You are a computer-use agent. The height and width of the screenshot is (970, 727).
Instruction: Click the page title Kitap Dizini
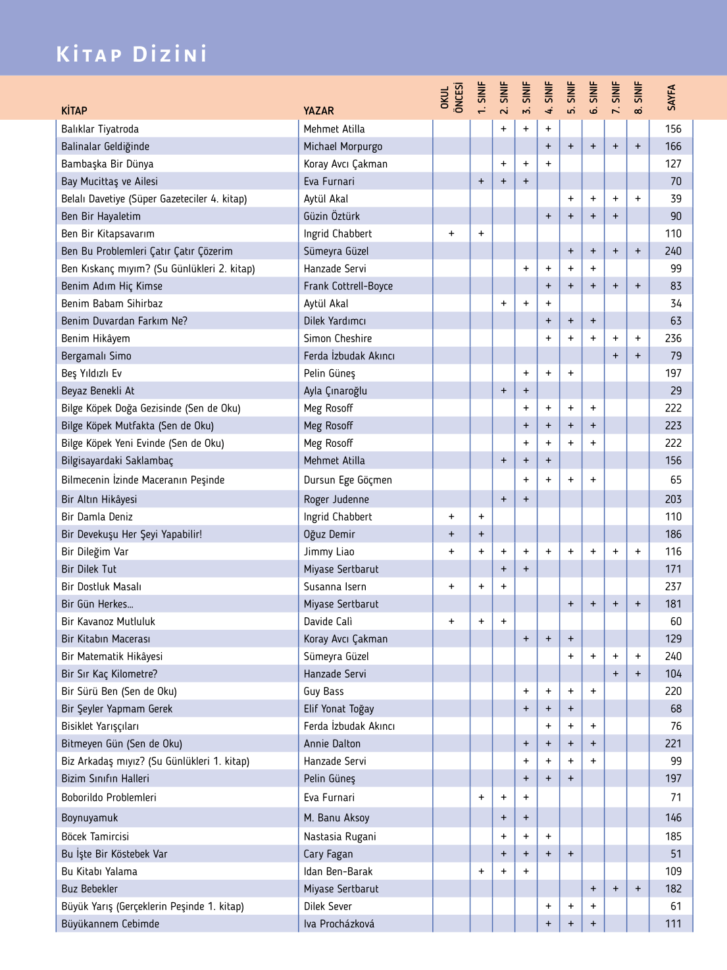point(132,54)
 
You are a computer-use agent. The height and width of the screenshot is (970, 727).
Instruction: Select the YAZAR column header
point(318,111)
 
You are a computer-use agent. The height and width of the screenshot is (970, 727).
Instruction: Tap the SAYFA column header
point(672,97)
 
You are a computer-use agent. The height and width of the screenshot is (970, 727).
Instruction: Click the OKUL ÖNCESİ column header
point(452,97)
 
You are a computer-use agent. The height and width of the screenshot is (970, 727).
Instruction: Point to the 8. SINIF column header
point(638,97)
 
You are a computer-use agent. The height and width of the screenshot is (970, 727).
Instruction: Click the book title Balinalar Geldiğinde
point(105,146)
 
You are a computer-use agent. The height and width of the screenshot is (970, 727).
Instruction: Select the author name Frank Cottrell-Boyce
point(348,286)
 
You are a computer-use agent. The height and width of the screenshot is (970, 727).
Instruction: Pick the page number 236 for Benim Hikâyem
point(673,338)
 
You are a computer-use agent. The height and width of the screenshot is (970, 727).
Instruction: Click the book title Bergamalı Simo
point(96,356)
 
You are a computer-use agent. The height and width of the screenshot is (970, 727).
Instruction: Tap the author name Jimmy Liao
point(329,551)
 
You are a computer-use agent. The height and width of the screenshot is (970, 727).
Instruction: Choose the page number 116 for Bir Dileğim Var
point(673,551)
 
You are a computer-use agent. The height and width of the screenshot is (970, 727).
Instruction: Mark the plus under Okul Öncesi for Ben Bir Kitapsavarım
point(451,234)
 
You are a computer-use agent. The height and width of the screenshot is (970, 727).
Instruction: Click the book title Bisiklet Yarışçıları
point(100,727)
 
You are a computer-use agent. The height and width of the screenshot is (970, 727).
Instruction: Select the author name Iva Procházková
point(339,924)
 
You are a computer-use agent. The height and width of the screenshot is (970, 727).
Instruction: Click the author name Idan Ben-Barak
point(338,871)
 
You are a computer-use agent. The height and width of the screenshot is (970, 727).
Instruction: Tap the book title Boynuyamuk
point(89,818)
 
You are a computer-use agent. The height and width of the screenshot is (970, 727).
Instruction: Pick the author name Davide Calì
point(328,621)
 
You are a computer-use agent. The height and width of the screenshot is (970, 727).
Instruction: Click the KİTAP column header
point(74,111)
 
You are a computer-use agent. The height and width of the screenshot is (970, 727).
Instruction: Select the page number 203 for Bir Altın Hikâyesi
point(673,499)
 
